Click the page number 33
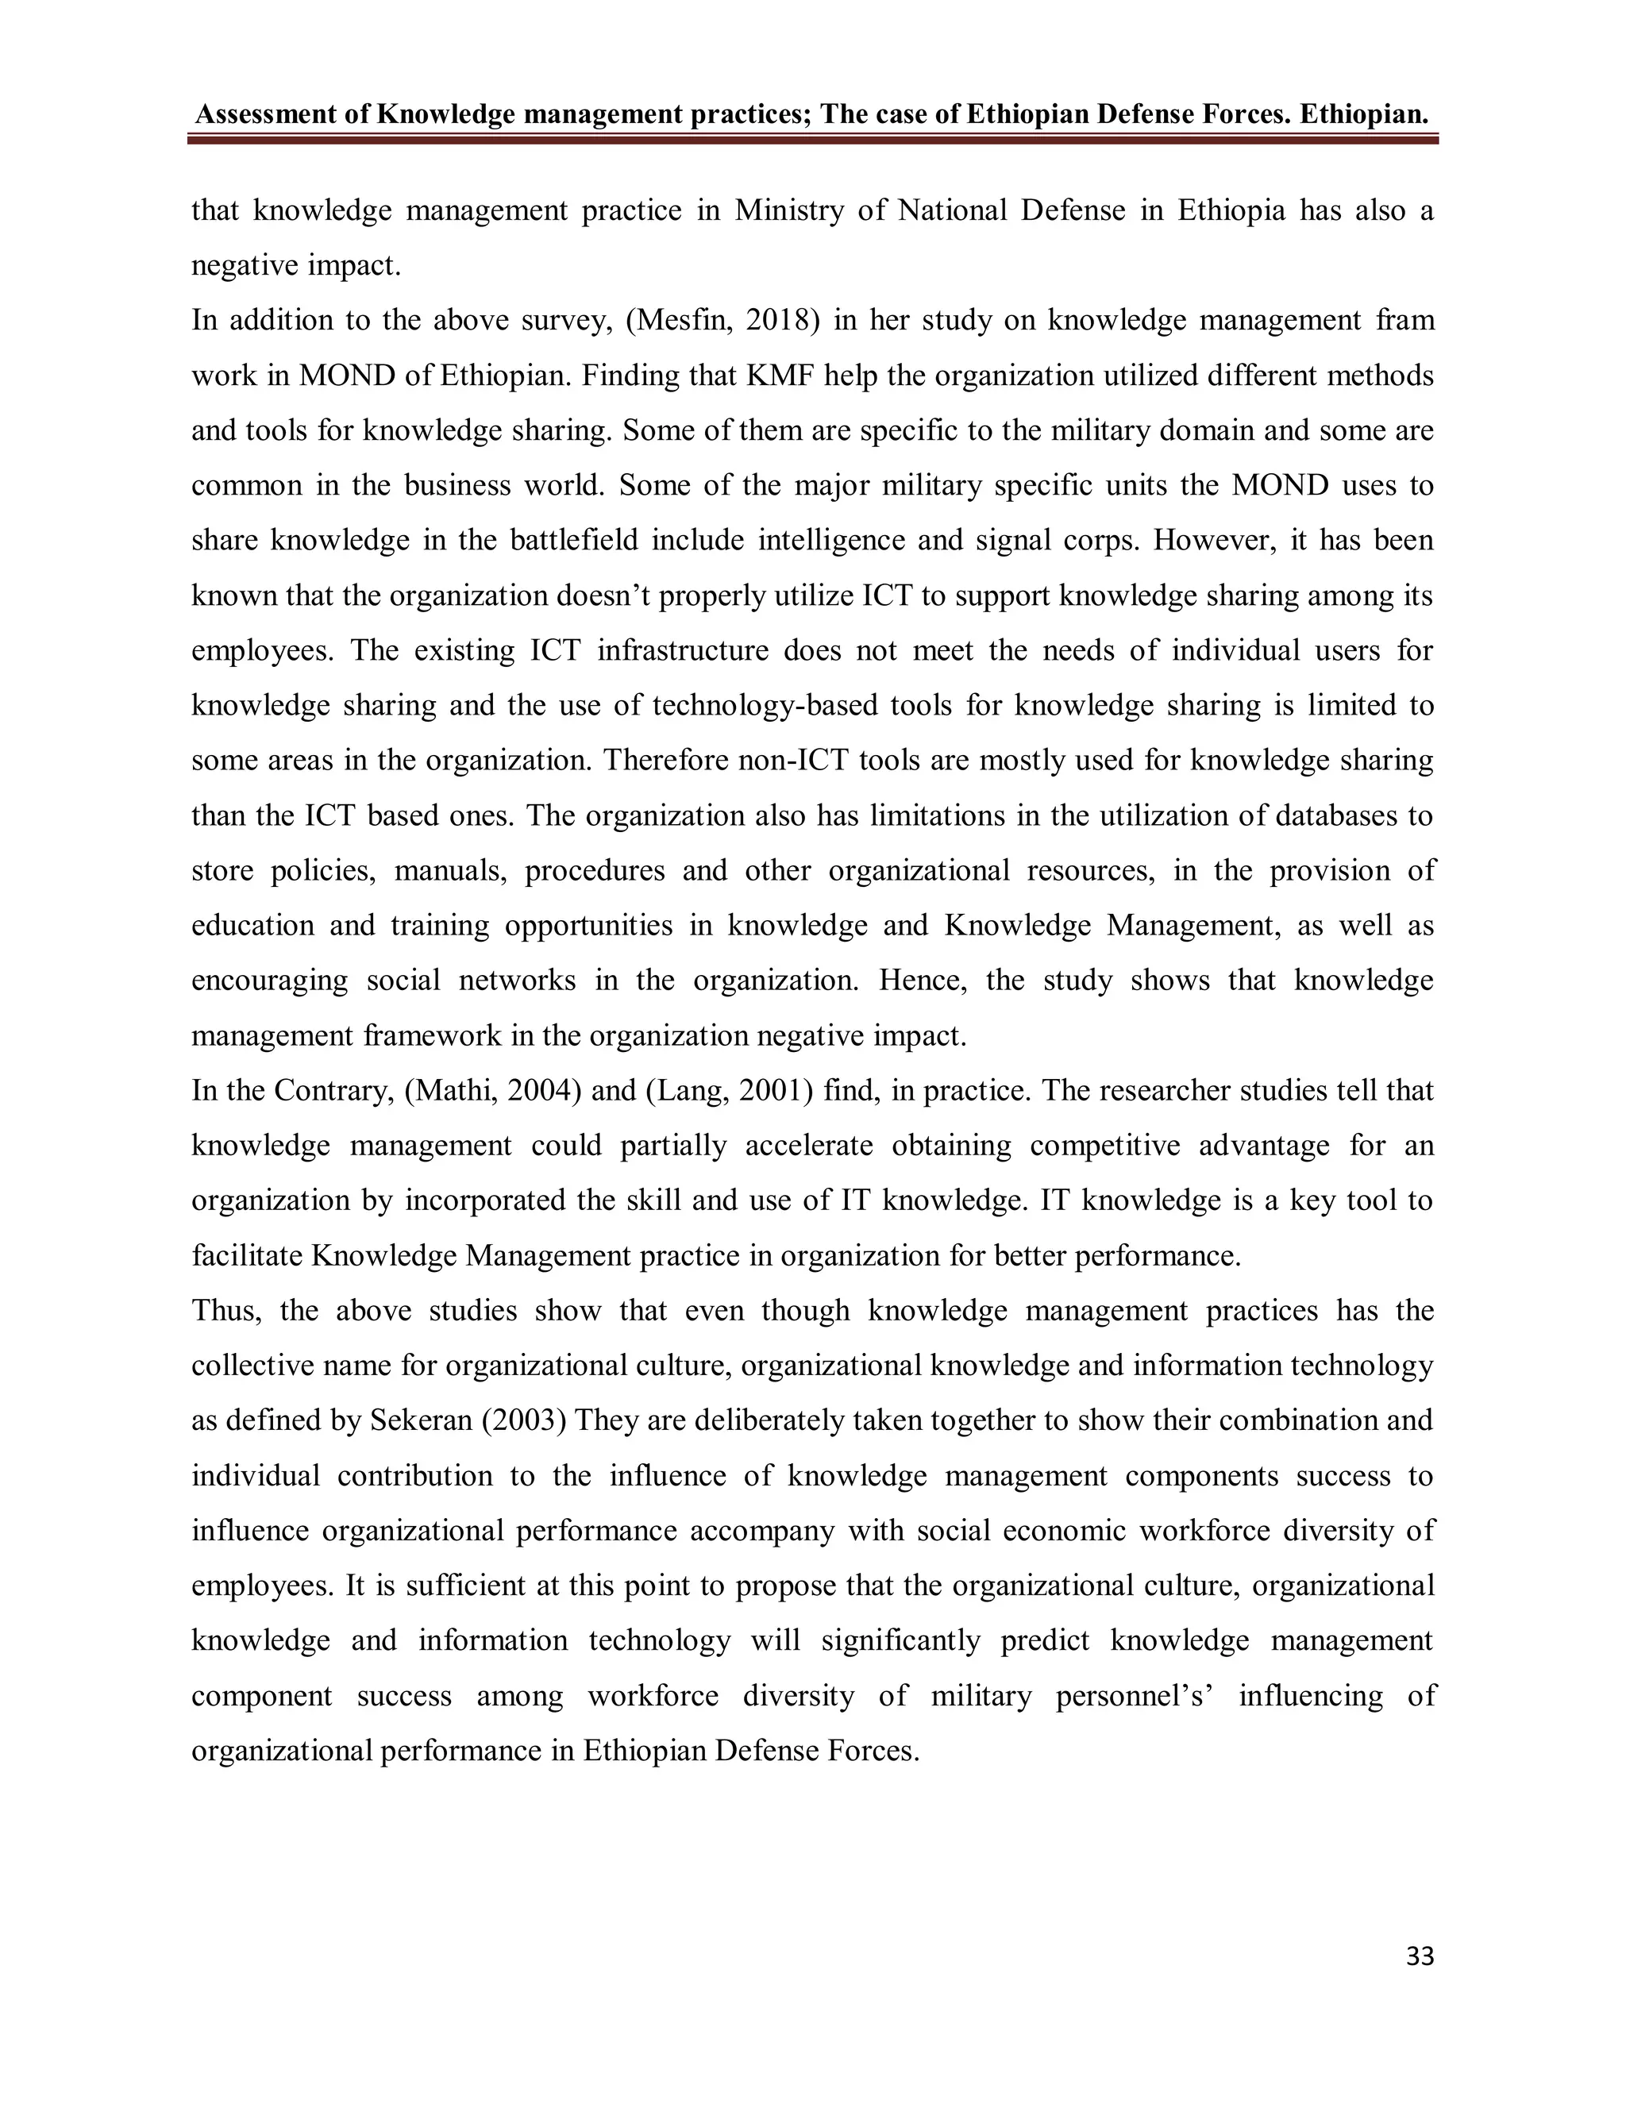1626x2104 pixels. click(1420, 1956)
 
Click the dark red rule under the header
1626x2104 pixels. click(812, 141)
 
